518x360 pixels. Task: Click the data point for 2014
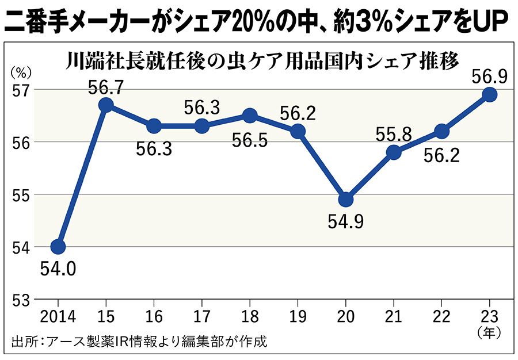tap(58, 247)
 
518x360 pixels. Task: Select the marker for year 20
tap(346, 200)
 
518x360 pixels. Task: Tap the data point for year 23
tap(490, 95)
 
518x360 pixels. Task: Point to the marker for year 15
tap(106, 105)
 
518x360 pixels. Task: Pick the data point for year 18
tap(250, 116)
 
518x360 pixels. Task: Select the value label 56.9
tap(489, 76)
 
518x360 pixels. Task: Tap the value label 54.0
tap(58, 269)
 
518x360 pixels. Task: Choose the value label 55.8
tap(394, 135)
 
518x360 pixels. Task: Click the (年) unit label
tap(490, 331)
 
